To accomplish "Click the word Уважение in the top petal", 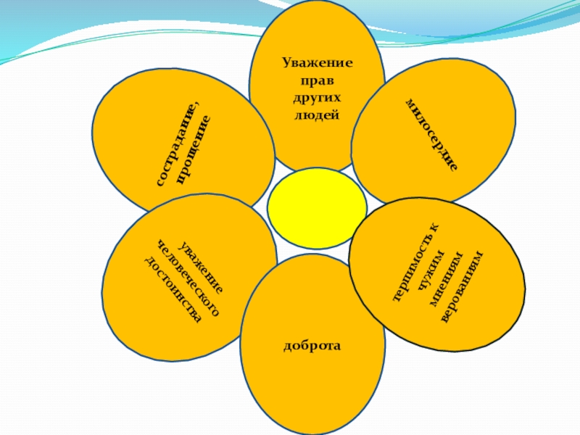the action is point(318,64).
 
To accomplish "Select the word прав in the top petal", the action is point(318,80).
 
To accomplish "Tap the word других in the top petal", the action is point(318,97).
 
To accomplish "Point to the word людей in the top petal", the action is point(318,114).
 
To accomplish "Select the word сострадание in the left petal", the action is point(176,144).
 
